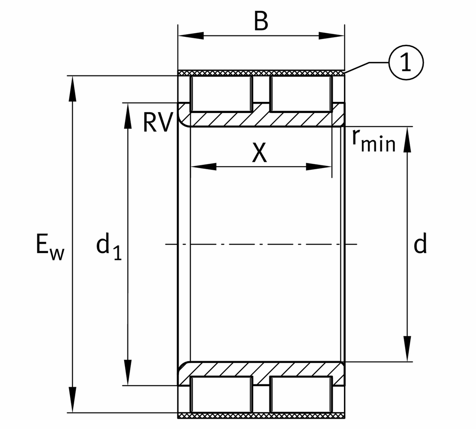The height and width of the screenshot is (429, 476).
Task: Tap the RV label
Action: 157,123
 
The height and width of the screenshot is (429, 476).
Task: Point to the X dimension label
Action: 260,153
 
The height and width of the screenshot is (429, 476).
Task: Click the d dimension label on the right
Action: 420,243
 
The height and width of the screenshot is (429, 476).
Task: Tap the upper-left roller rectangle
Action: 221,94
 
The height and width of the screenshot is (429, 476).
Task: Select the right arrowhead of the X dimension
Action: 319,167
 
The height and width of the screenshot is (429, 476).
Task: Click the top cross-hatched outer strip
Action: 261,73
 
